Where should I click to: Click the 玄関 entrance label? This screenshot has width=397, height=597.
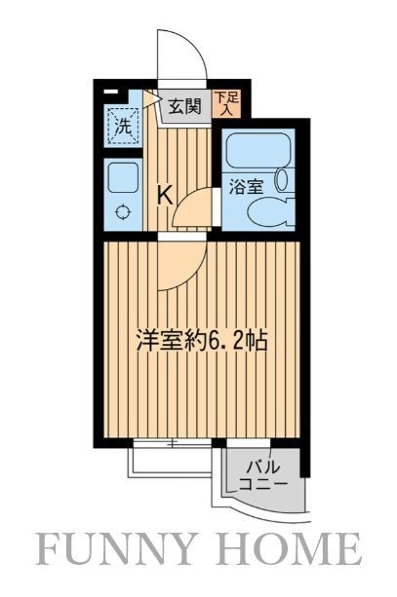point(182,106)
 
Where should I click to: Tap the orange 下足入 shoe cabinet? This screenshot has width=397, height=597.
point(226,104)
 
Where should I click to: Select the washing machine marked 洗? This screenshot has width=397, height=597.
point(122,125)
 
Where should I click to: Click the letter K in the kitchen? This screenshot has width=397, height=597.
point(166,195)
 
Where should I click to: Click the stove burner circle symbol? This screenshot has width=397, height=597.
point(123,213)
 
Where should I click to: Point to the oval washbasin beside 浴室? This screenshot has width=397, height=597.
point(283,179)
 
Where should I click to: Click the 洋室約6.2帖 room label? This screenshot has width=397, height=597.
point(202,342)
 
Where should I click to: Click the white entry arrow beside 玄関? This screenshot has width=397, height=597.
point(151,97)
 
